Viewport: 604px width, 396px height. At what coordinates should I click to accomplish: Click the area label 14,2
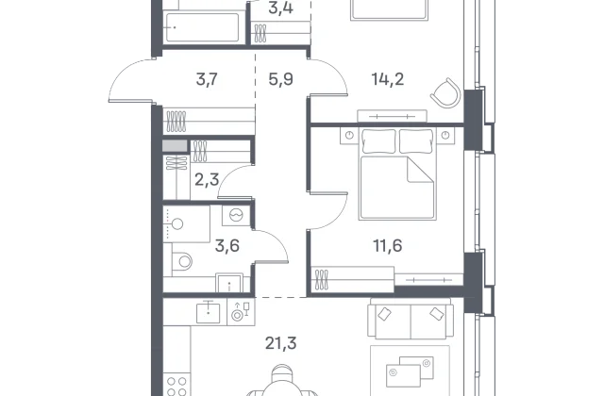(388, 79)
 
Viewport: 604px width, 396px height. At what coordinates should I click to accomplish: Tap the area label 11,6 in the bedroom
(388, 245)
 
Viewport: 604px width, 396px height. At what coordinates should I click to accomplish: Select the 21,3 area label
(281, 343)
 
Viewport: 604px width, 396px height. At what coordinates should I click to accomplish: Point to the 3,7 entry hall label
(207, 79)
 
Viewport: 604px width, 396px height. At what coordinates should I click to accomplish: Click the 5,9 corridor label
(281, 79)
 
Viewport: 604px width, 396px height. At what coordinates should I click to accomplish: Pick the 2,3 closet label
(207, 180)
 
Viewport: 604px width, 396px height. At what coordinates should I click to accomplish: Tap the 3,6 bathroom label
(227, 245)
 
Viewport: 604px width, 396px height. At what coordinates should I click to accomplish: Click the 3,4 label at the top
(281, 8)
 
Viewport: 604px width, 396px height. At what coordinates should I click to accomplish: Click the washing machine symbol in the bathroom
(235, 215)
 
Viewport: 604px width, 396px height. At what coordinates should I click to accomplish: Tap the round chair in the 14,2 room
(445, 92)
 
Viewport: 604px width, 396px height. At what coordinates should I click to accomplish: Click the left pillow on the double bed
(379, 140)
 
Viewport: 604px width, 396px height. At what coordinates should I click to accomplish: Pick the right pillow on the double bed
(416, 140)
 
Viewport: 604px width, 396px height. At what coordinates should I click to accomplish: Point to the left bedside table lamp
(349, 135)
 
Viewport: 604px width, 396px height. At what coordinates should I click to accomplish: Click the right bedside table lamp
(445, 135)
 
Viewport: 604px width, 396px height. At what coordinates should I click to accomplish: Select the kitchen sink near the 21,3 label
(208, 313)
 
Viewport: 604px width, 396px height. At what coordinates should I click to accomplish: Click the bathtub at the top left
(202, 27)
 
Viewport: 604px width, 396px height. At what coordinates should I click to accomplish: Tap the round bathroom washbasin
(177, 224)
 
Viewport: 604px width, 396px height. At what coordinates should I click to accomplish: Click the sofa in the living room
(411, 319)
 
